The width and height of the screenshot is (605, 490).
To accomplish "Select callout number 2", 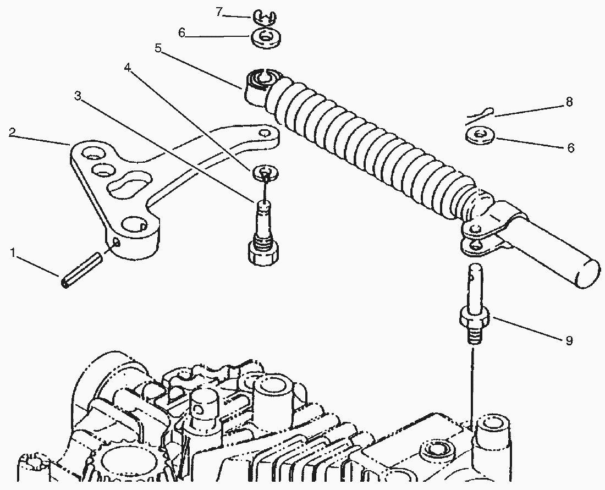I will click(13, 132).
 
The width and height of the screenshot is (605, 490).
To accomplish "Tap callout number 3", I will click(78, 96).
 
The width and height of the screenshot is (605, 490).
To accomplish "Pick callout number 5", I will click(158, 48).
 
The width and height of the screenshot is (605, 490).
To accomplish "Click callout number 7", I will click(218, 11).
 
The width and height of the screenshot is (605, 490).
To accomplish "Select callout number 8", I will click(569, 102).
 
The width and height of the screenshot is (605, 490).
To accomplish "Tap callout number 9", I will click(569, 341).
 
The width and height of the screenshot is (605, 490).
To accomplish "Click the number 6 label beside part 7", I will click(181, 32).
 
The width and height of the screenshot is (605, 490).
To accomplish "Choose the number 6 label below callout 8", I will click(570, 148).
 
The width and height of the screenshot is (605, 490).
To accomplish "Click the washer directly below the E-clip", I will click(266, 38).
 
